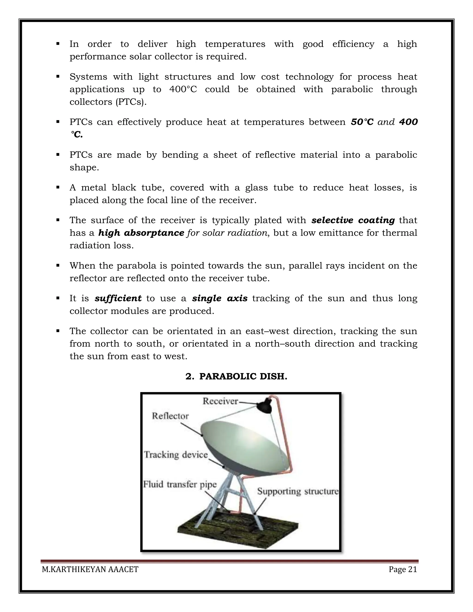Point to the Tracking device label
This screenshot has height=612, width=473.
[x=176, y=454]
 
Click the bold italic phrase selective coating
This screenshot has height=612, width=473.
[x=353, y=220]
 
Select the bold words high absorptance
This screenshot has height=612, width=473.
[x=141, y=233]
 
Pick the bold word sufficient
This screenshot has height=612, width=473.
[x=118, y=298]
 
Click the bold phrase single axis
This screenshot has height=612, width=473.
[x=220, y=298]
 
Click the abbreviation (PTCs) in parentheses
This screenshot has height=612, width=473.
[x=131, y=102]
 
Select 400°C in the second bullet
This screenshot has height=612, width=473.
[x=183, y=89]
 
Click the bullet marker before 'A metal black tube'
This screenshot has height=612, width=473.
[x=58, y=187]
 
